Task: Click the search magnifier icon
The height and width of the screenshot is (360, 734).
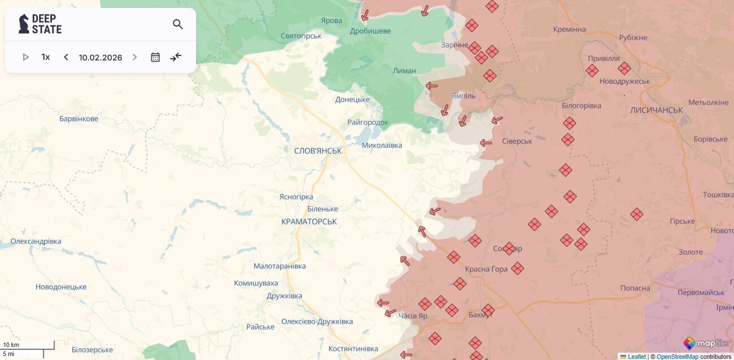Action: coord(178,24)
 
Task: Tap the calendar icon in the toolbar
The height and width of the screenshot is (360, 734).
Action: coord(155,57)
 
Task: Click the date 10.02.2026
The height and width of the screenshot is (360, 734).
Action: coord(101,58)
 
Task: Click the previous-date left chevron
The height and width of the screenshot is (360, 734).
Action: coord(66,57)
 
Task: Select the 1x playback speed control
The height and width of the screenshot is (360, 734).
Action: coord(46,57)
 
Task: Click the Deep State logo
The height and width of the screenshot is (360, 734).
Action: coord(40,24)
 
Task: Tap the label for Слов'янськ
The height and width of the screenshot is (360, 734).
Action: coord(318,151)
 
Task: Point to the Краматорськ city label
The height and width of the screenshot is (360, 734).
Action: coord(309,222)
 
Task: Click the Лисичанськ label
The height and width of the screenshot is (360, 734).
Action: coord(656,110)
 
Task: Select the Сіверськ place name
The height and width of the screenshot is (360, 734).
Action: coord(516,141)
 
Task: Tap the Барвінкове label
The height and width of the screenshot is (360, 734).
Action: coord(79,119)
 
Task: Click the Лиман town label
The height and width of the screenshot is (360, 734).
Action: coord(405,71)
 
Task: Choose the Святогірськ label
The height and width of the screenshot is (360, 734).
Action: coord(301,36)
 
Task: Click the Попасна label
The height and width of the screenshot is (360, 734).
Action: coord(635,288)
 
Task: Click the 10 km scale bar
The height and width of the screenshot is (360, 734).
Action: coord(28,345)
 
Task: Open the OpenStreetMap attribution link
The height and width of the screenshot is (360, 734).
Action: coord(677,357)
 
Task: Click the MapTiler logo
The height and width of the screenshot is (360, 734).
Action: coord(707,343)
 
